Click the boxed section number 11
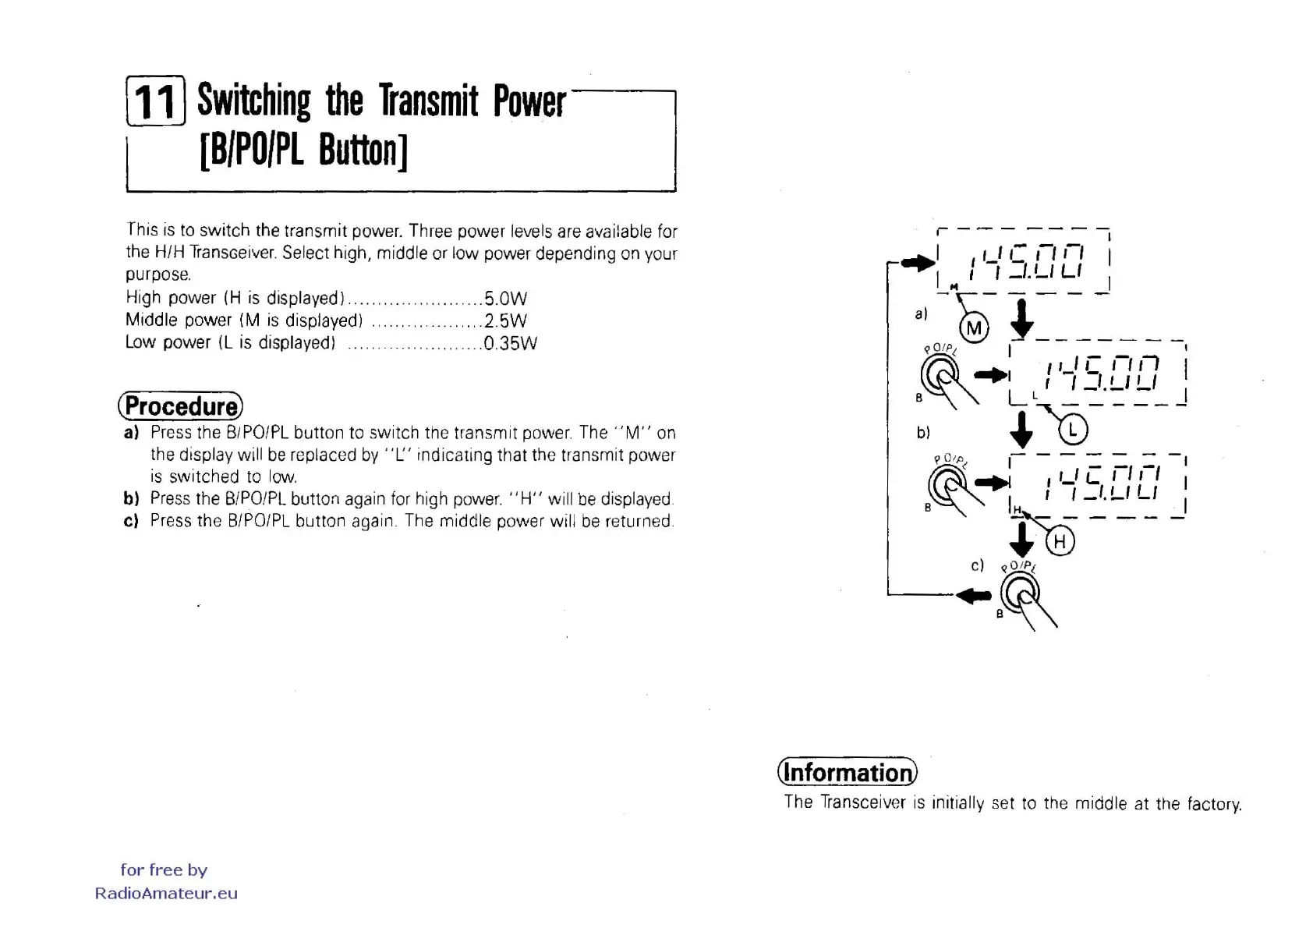pos(155,101)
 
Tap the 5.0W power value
pos(505,299)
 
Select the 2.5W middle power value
pos(505,321)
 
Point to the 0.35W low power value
pos(510,343)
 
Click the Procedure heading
pos(181,406)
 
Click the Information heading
pos(848,772)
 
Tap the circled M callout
pos(974,328)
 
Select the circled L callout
pos(1073,429)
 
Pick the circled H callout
pos(1060,541)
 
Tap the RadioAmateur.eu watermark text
pos(166,894)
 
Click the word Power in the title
pos(529,101)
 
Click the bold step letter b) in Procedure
pos(131,498)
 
